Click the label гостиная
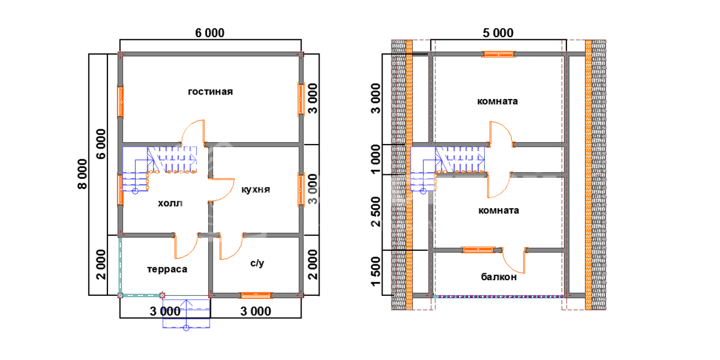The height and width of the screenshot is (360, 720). (x=210, y=92)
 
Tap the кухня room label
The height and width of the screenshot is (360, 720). (x=256, y=189)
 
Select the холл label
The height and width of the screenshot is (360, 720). (x=170, y=203)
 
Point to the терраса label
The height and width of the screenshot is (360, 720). (x=167, y=269)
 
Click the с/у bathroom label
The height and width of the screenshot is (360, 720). (x=256, y=263)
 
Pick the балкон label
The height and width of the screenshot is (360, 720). (x=499, y=277)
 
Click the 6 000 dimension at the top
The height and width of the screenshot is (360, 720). (x=210, y=33)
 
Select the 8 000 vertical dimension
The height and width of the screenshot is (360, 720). (x=82, y=174)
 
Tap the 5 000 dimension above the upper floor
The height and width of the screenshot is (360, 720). (x=498, y=33)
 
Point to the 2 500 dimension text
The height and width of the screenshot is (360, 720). (x=376, y=212)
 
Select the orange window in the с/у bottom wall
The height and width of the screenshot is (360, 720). (x=256, y=295)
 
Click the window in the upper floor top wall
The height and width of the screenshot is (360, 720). (x=499, y=55)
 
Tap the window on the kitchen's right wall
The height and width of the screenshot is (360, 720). (x=301, y=190)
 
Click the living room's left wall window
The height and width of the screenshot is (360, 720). (x=120, y=101)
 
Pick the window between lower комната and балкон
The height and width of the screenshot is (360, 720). (x=479, y=249)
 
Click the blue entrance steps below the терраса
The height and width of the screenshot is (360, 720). (x=186, y=314)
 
